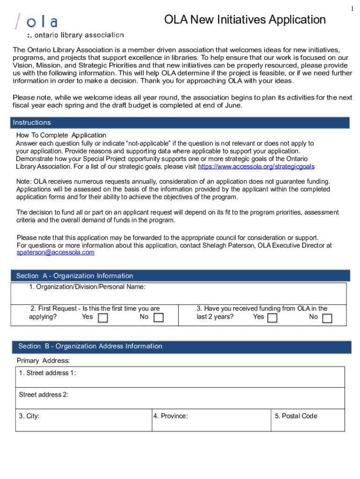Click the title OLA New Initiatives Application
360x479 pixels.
[245, 20]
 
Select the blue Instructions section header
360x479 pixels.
[180, 123]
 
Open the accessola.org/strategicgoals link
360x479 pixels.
[256, 167]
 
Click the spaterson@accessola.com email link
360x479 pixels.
[55, 252]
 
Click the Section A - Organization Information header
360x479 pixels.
[180, 276]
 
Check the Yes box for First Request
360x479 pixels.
[103, 318]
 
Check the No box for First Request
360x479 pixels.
[158, 318]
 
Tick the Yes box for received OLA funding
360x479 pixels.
[272, 318]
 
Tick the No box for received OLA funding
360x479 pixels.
[327, 318]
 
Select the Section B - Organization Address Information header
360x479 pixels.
[180, 347]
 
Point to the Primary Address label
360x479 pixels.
[43, 361]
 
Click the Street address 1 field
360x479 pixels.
[180, 379]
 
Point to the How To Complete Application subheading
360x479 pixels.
[61, 135]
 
